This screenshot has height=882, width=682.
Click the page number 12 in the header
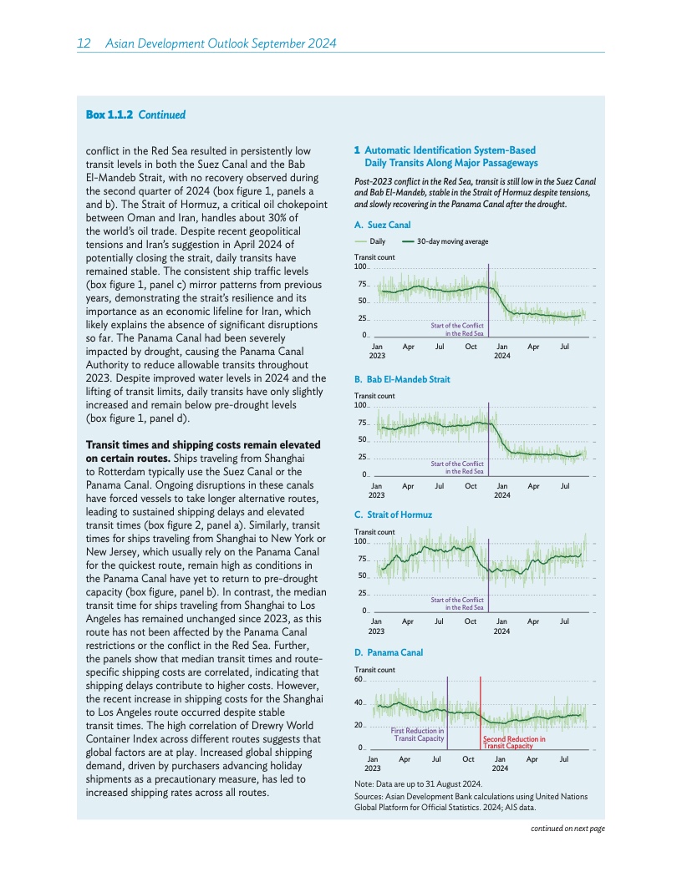pyautogui.click(x=84, y=43)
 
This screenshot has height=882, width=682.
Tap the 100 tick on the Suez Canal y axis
pyautogui.click(x=360, y=266)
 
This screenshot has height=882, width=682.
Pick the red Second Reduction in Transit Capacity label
pyautogui.click(x=514, y=743)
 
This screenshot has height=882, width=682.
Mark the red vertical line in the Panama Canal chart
pyautogui.click(x=481, y=710)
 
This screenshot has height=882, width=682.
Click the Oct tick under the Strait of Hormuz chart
pyautogui.click(x=471, y=621)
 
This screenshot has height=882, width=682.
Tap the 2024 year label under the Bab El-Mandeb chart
pyautogui.click(x=502, y=494)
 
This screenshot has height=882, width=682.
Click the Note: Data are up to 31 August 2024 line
pyautogui.click(x=419, y=783)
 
